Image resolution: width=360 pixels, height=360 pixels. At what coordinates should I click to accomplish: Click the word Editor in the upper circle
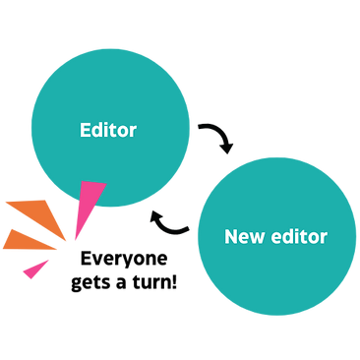(x=107, y=130)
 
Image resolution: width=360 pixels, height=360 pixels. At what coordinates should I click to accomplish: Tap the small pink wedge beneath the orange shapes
(x=35, y=267)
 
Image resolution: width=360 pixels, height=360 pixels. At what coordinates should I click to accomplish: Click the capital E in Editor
(x=85, y=130)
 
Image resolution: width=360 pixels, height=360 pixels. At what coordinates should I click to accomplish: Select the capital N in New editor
(x=230, y=237)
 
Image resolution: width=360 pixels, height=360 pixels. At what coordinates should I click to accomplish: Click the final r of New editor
(x=324, y=238)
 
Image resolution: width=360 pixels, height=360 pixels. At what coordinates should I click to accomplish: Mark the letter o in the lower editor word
(x=314, y=238)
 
